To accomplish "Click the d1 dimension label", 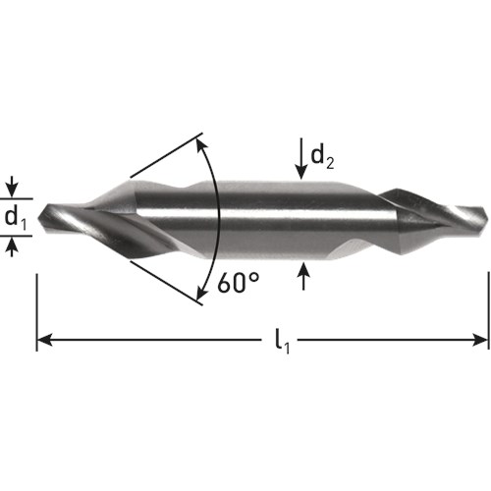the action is click(15, 217).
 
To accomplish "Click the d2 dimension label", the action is click(322, 157).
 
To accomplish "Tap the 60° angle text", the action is click(239, 283).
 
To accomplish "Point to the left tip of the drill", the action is click(38, 217).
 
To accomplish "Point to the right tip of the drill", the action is click(487, 218).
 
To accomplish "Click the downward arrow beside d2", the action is click(301, 159).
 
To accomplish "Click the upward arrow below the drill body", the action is click(304, 276).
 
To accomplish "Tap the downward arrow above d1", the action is click(12, 187).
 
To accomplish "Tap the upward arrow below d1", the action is click(12, 246).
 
